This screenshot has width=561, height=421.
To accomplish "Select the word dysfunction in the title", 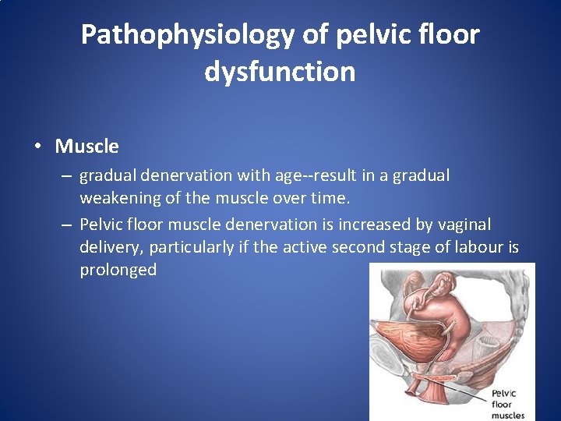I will tap(280, 72).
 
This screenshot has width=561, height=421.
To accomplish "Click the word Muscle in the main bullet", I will tap(86, 146).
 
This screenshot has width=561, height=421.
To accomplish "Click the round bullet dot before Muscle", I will tap(40, 147).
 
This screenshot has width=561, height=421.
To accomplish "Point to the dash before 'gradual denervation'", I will tap(68, 176).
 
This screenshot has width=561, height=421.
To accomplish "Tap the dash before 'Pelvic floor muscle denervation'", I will tap(68, 225).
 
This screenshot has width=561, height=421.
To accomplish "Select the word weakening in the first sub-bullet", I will tap(118, 198).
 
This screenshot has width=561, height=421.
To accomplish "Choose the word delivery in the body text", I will tap(111, 247).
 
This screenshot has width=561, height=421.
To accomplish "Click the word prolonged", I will tap(118, 270).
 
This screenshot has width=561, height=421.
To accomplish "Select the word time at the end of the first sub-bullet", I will tap(323, 198).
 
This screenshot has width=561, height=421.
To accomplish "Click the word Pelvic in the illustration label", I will tap(503, 393).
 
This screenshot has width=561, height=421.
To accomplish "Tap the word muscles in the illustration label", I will tap(508, 415).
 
